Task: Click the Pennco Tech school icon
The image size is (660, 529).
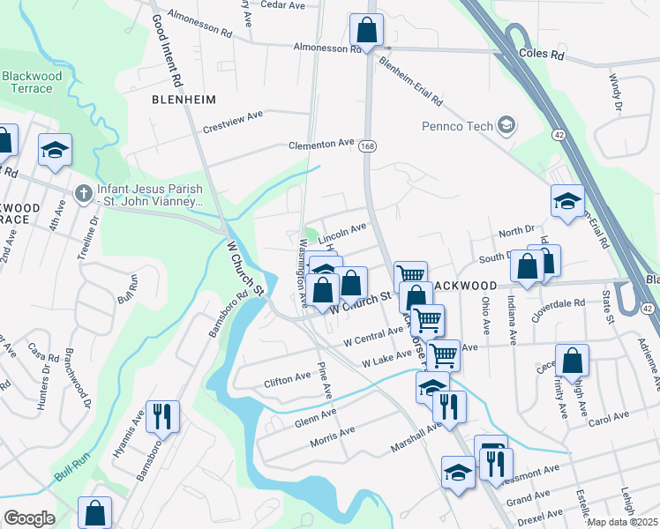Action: [506, 126]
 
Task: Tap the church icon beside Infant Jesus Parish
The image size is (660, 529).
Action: [83, 191]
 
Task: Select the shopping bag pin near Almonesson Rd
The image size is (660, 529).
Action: [366, 31]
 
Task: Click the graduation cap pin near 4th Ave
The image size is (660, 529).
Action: [55, 150]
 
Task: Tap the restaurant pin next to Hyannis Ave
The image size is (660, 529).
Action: [162, 415]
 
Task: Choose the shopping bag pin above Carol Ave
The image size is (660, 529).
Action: [572, 361]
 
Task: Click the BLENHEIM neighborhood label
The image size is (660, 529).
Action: [184, 100]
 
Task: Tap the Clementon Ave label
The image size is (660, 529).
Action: [321, 143]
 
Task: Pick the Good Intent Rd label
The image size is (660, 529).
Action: [167, 50]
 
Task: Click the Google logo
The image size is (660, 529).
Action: [29, 518]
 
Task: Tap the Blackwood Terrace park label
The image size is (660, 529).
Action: [32, 83]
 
